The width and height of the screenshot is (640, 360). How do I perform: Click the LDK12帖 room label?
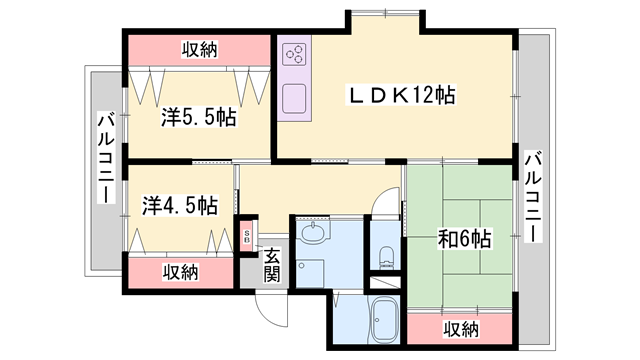coord(400,96)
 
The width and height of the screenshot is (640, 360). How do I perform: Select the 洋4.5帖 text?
coord(180,206)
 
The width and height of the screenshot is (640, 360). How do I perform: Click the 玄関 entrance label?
coord(272,265)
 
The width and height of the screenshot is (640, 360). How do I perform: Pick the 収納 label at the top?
coord(201,48)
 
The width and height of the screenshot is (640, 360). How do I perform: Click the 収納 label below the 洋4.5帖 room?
coord(181,272)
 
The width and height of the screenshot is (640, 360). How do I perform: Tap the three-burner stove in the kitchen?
coord(296,53)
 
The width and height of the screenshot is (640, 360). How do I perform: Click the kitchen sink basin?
coord(295,99)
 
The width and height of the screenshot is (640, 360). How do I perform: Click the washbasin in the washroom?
coord(313,233)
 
